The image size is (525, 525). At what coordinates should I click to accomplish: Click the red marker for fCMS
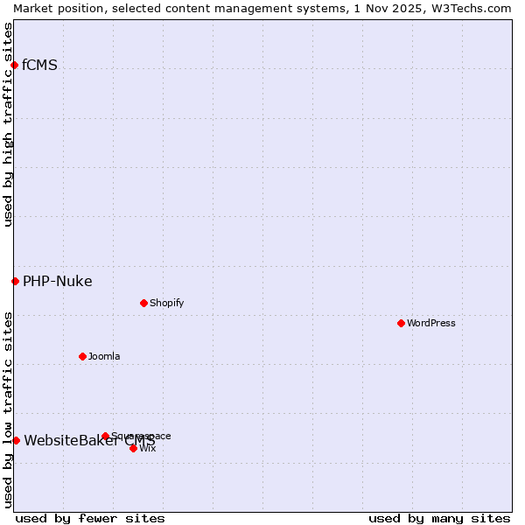point(14,65)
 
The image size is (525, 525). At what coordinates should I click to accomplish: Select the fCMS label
point(39,65)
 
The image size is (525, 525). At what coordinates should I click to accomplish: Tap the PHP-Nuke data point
point(15,281)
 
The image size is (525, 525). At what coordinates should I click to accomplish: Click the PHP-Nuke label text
point(57,281)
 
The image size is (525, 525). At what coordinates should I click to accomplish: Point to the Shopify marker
point(143,303)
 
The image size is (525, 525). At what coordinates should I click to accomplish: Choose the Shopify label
point(166,303)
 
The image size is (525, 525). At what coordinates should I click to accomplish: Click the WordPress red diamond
point(401,323)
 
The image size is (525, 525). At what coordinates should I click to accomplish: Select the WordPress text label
point(430,323)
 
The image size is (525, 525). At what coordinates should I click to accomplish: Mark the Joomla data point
point(82,356)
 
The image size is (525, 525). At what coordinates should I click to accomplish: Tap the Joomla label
point(104,356)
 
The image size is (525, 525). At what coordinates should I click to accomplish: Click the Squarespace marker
point(105,436)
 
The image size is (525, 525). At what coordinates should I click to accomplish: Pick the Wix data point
point(133,448)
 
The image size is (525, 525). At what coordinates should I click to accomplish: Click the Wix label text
point(147,448)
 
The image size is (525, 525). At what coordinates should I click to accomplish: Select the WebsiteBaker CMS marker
point(16,440)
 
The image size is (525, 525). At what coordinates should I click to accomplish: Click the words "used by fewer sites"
point(90,518)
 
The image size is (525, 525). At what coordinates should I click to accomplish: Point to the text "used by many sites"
point(439,518)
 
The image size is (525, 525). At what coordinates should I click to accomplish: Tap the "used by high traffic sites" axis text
point(8,124)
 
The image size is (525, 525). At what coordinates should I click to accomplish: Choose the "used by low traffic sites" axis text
point(8,409)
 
